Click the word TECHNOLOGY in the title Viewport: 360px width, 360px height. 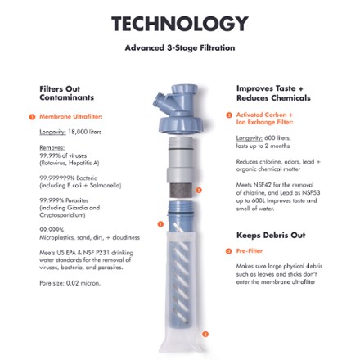click(x=179, y=24)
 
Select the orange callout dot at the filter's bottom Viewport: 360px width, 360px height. click(x=206, y=333)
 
